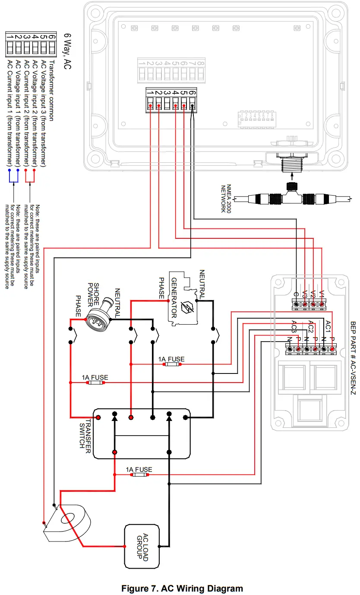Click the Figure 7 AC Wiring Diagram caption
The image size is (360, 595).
pyautogui.click(x=182, y=589)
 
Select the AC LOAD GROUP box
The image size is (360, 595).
pyautogui.click(x=142, y=546)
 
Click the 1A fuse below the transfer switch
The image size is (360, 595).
pyautogui.click(x=139, y=475)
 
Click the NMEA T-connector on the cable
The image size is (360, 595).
pyautogui.click(x=291, y=197)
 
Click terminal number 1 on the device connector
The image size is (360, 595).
pyautogui.click(x=150, y=92)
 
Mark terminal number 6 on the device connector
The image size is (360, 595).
pyautogui.click(x=192, y=92)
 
